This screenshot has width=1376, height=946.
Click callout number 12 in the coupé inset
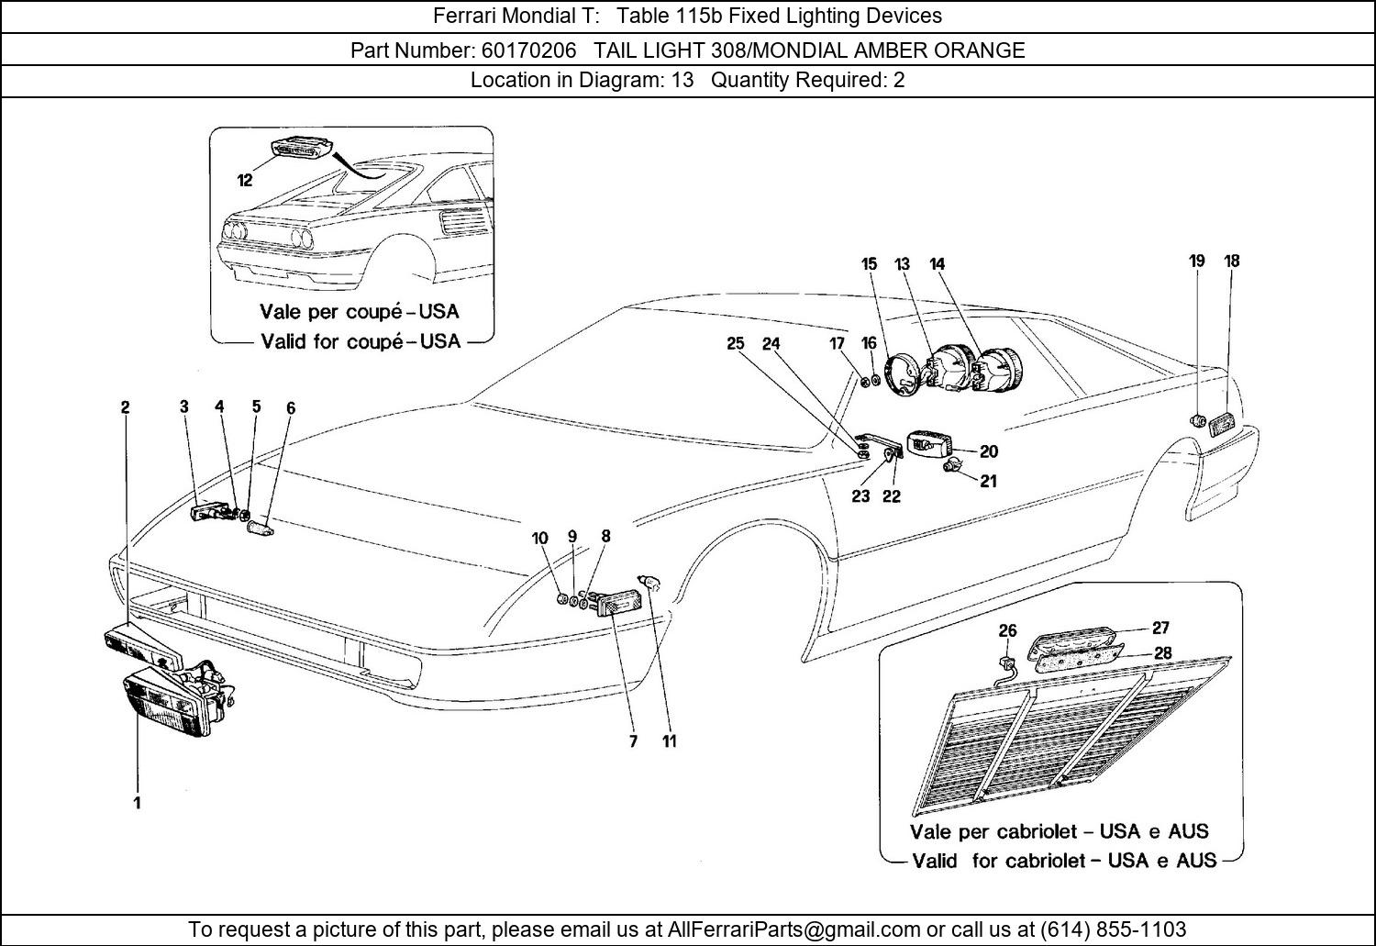coord(244,181)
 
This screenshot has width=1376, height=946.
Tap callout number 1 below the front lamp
coord(137,803)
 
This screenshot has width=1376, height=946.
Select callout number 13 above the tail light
coord(902,264)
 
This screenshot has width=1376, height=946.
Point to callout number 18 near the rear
coord(1231,261)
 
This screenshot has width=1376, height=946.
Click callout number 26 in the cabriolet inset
coord(1007,631)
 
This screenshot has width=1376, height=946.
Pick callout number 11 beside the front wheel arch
coord(670,741)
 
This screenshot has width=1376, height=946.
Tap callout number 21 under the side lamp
coord(988,481)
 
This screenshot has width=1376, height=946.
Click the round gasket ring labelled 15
coord(902,374)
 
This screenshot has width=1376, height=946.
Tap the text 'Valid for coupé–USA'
coord(361,341)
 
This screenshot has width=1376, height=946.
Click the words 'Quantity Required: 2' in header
coord(807,80)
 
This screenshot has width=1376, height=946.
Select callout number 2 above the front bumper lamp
coord(125,407)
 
